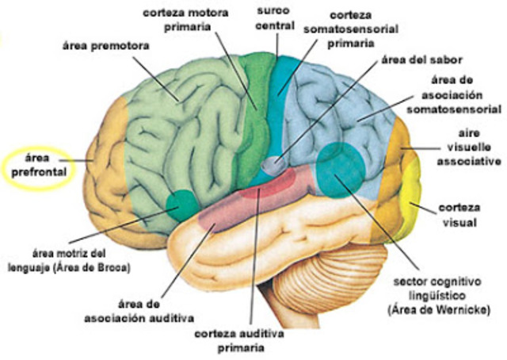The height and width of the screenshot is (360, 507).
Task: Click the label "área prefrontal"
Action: (36, 163)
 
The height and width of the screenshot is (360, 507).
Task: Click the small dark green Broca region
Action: (183, 206)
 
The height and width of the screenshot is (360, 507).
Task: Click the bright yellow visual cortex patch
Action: (413, 198)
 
